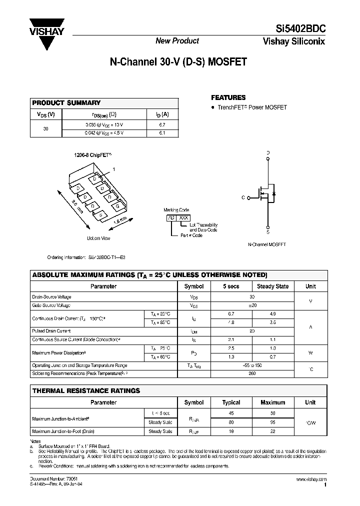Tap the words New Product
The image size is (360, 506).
177,41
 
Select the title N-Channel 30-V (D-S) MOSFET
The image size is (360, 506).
178,63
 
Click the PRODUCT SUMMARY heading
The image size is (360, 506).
66,102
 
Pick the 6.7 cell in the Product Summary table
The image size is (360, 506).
161,124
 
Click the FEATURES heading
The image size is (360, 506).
228,97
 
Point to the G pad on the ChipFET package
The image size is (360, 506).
116,206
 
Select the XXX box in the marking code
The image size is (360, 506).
183,218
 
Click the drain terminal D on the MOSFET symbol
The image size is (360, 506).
268,153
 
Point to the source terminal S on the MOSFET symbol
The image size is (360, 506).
268,232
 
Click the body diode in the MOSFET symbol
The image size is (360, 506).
273,193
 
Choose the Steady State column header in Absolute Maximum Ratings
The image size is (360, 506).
272,286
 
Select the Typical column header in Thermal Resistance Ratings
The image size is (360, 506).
231,402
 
